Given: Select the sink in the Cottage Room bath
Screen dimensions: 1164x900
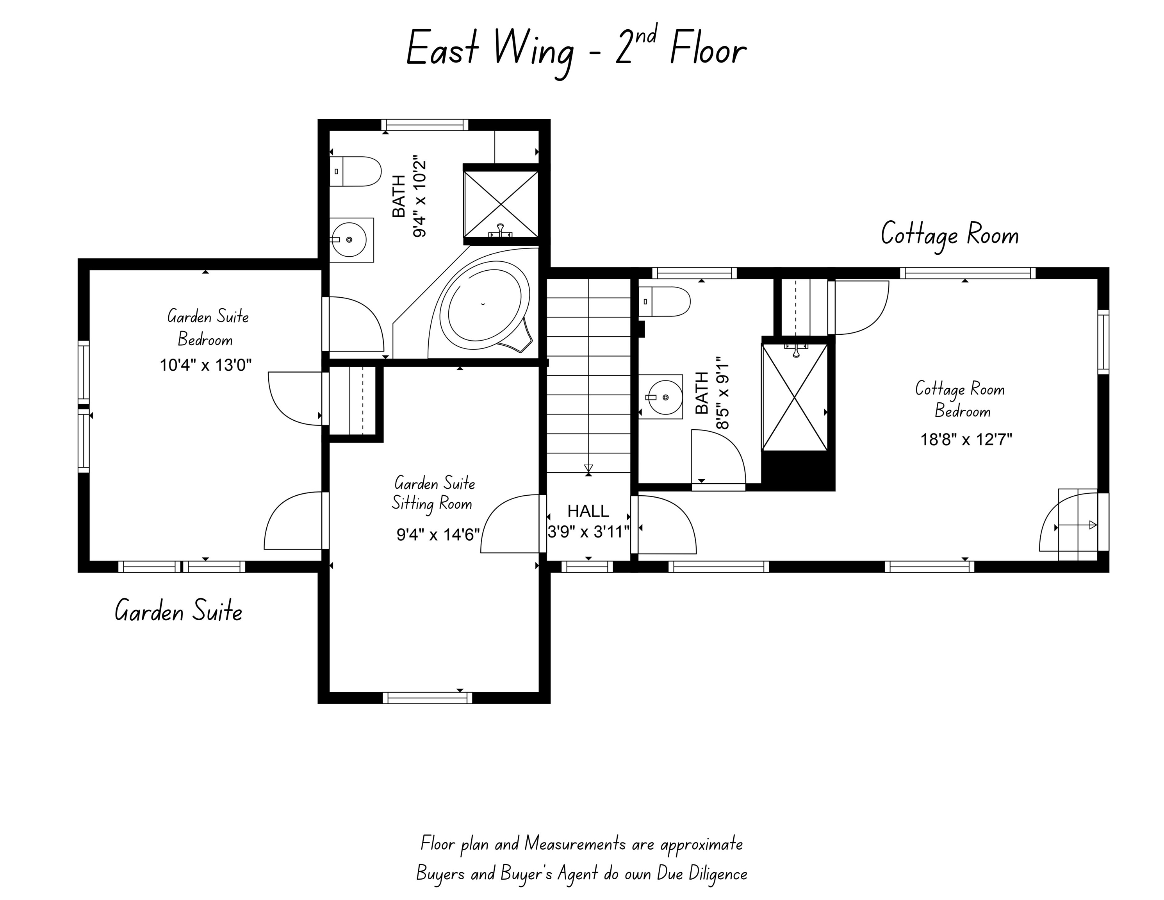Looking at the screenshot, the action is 661,397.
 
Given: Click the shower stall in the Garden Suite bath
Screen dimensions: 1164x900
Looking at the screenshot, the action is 501,204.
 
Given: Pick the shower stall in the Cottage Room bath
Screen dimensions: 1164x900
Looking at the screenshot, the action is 795,397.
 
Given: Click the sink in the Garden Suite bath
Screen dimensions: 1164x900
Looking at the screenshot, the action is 351,240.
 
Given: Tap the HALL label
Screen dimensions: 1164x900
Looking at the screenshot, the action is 588,511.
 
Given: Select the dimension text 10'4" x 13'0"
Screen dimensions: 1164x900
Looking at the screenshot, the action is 206,365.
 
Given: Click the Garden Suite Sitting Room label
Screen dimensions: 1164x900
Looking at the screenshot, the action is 433,493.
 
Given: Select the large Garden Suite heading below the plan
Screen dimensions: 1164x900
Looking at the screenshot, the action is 178,611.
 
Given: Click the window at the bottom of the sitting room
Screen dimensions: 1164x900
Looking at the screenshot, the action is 428,697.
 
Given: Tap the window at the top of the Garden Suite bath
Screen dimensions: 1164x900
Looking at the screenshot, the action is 425,125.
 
